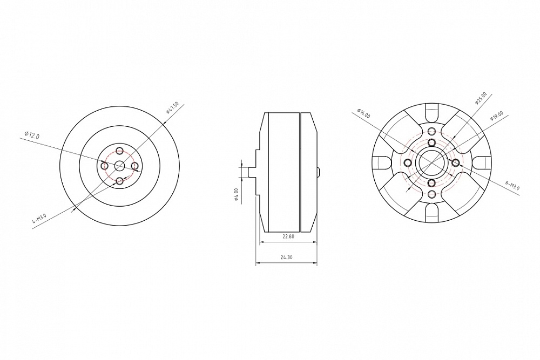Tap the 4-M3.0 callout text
point(39,218)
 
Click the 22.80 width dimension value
point(289,236)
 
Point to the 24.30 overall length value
point(286,257)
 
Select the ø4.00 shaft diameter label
point(237,193)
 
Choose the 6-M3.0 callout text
point(512,186)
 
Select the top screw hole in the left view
point(120,151)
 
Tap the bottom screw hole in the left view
point(120,181)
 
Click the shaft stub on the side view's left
point(251,172)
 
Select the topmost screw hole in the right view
point(431,132)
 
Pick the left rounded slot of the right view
point(381,162)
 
